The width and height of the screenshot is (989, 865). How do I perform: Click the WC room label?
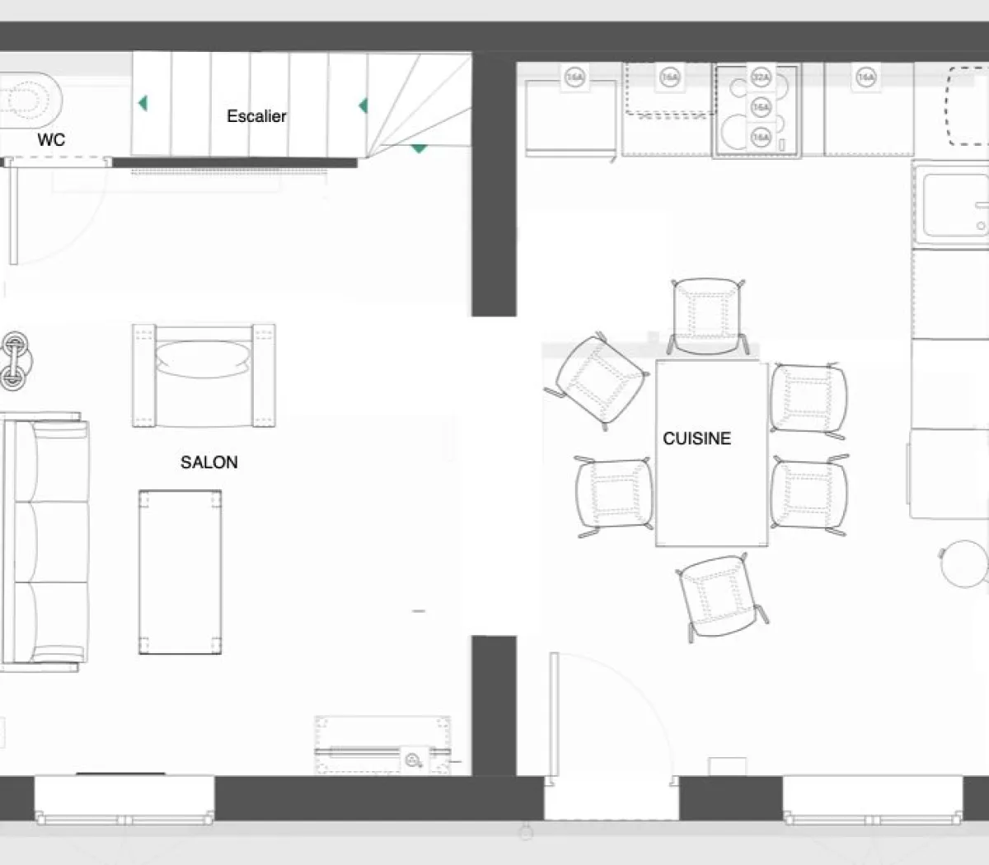(x=50, y=140)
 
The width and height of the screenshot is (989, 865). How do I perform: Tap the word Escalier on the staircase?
(x=256, y=116)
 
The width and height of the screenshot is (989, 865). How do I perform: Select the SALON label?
(x=209, y=462)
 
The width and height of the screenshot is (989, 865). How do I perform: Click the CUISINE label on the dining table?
(x=696, y=438)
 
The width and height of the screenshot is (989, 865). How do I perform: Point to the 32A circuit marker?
(x=761, y=78)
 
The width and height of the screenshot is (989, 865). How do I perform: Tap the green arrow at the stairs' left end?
(x=143, y=103)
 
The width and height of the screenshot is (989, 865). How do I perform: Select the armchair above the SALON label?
(x=204, y=376)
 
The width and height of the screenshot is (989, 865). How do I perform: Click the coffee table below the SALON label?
(x=180, y=572)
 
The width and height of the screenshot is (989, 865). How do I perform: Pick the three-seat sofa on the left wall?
(x=45, y=541)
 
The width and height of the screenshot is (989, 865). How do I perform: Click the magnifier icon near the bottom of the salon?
(x=413, y=760)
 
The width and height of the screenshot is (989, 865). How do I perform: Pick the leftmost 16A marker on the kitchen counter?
(x=574, y=78)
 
